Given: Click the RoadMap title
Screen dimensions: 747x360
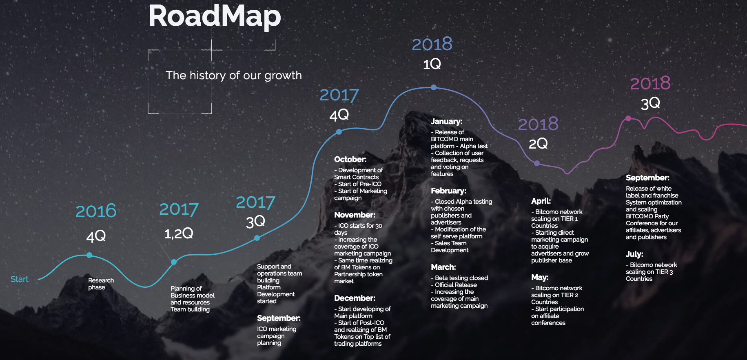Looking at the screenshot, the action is [215, 16].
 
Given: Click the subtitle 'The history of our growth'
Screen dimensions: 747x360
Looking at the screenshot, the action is [234, 76].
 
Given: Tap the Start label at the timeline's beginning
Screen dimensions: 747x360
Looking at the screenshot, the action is [20, 279].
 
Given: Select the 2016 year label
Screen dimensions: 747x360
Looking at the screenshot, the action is [96, 211].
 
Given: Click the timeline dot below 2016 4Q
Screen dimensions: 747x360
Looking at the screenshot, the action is [89, 255].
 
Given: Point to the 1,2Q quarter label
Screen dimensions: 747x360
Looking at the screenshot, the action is [179, 233].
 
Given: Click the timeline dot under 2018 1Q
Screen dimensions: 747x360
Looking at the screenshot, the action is [434, 87].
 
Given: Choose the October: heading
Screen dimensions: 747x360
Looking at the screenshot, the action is [350, 160].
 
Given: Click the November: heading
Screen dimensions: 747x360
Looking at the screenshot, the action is [355, 215].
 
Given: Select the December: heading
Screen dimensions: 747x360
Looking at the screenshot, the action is [355, 298].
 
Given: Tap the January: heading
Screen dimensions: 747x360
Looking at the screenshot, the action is [447, 122].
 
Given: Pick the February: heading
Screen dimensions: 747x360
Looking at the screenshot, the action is [448, 191].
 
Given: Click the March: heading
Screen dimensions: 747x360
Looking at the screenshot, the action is [443, 267].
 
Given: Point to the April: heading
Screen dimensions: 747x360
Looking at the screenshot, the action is [541, 201].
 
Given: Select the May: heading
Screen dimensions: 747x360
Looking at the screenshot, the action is [540, 278].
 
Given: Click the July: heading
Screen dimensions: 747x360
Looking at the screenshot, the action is [634, 254].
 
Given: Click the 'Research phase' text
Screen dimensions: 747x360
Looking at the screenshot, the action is [101, 284].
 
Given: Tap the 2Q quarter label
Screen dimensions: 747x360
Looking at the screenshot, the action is [538, 144].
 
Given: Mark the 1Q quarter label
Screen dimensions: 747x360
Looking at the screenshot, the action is [432, 64].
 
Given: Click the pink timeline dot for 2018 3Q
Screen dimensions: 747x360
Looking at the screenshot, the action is [628, 118].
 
